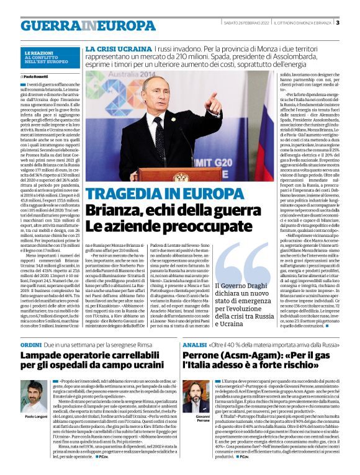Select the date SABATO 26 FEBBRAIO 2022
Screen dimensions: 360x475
click(243, 23)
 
